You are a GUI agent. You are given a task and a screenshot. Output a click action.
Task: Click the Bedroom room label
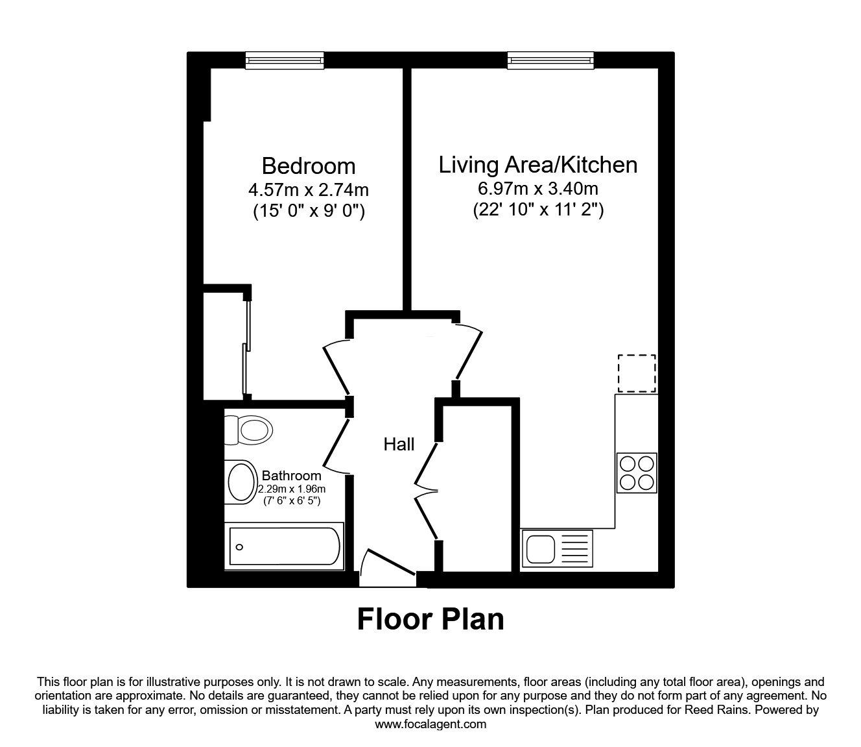click(309, 166)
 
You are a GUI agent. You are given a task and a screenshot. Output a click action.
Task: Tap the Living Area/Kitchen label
click(537, 165)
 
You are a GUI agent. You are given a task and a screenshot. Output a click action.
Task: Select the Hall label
click(399, 445)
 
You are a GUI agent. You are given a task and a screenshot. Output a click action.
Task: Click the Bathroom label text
click(291, 476)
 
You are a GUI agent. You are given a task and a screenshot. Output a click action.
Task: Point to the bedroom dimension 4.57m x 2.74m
click(309, 190)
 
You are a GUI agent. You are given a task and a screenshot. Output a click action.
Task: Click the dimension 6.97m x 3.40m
click(537, 189)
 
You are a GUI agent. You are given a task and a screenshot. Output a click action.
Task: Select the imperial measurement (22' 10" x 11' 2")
click(537, 210)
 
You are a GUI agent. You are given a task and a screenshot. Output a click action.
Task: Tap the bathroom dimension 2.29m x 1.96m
click(291, 489)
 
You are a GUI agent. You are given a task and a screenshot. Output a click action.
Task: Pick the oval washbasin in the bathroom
click(242, 481)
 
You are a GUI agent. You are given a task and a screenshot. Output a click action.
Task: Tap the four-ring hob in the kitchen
click(636, 472)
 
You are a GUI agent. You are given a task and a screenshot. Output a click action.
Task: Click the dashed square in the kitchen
click(636, 373)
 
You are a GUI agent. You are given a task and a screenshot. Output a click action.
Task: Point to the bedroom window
click(285, 60)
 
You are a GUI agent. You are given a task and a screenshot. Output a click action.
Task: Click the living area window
click(550, 60)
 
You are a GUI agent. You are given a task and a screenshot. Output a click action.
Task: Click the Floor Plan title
click(430, 619)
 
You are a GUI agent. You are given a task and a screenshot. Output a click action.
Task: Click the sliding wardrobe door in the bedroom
click(246, 344)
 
